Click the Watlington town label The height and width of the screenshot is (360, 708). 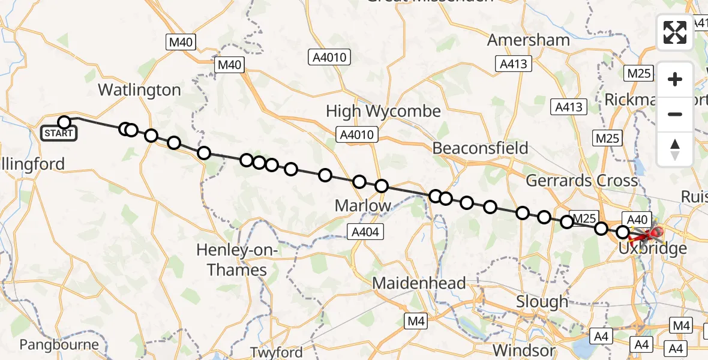pyautogui.click(x=139, y=90)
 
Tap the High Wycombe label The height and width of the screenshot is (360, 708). pyautogui.click(x=383, y=111)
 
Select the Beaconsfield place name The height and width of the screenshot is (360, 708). pyautogui.click(x=480, y=148)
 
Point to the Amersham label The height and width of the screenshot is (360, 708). pyautogui.click(x=528, y=40)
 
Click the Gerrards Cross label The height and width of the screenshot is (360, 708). pyautogui.click(x=581, y=180)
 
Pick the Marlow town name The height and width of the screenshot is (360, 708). pyautogui.click(x=363, y=206)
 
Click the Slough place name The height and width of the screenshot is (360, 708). pyautogui.click(x=542, y=302)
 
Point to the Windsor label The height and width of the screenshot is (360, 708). pyautogui.click(x=524, y=350)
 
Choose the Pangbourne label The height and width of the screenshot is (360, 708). pyautogui.click(x=59, y=344)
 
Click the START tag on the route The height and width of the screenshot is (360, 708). pyautogui.click(x=59, y=133)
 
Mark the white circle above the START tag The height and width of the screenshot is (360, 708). pyautogui.click(x=64, y=122)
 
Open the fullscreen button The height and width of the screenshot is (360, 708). pyautogui.click(x=675, y=32)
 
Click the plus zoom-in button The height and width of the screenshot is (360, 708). pyautogui.click(x=675, y=79)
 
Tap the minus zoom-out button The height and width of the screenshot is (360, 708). pyautogui.click(x=675, y=114)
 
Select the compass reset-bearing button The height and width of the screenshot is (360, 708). pyautogui.click(x=675, y=148)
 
